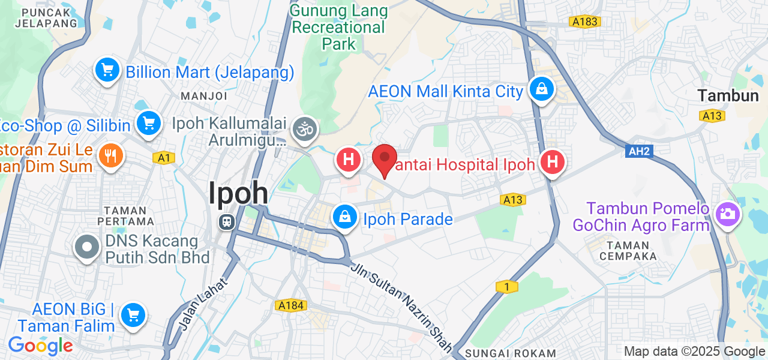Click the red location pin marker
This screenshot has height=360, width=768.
click(x=384, y=160)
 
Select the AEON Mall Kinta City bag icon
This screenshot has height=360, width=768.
click(x=541, y=90)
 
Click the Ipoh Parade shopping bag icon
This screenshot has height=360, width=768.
click(x=345, y=218)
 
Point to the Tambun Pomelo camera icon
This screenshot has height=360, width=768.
click(x=727, y=214)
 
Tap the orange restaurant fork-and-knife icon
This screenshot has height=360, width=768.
click(x=110, y=156)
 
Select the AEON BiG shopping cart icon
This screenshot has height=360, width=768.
click(x=133, y=314)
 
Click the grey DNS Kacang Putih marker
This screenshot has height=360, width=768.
click(x=88, y=247)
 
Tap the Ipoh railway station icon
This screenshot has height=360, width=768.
click(x=226, y=221)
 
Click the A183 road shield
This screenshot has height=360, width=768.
click(x=584, y=22)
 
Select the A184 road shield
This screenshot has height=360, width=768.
click(x=290, y=306)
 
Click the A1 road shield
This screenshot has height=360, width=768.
click(x=163, y=158)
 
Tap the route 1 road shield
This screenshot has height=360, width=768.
click(x=507, y=287)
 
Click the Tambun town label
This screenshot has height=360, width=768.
click(x=728, y=95)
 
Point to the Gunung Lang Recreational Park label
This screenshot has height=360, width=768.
click(x=338, y=27)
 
